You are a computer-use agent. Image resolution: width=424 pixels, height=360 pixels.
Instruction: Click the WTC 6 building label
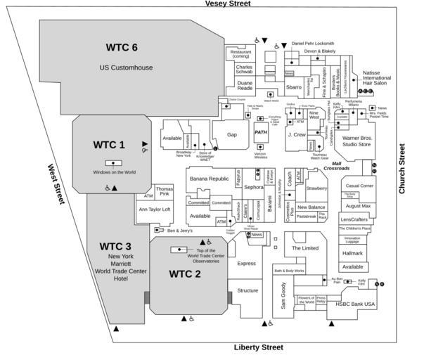tap(126, 47)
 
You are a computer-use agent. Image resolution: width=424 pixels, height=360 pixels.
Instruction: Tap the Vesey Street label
tap(228, 4)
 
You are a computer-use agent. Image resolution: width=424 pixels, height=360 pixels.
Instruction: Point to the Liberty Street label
tap(258, 348)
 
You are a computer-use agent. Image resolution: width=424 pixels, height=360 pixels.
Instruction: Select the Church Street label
tap(402, 169)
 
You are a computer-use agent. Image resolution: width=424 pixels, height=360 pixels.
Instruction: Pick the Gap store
tap(232, 134)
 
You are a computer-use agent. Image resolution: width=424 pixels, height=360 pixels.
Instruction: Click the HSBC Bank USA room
tap(356, 304)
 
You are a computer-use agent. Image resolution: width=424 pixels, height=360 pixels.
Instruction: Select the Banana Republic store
tap(210, 179)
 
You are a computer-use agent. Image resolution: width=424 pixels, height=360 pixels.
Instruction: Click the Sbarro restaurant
tap(293, 87)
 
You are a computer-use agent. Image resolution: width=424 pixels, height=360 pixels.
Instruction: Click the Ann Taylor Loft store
tap(155, 210)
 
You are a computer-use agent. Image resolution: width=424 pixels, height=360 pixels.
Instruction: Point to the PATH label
tap(261, 132)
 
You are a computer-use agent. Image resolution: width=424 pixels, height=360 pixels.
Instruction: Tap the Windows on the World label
tap(114, 172)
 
